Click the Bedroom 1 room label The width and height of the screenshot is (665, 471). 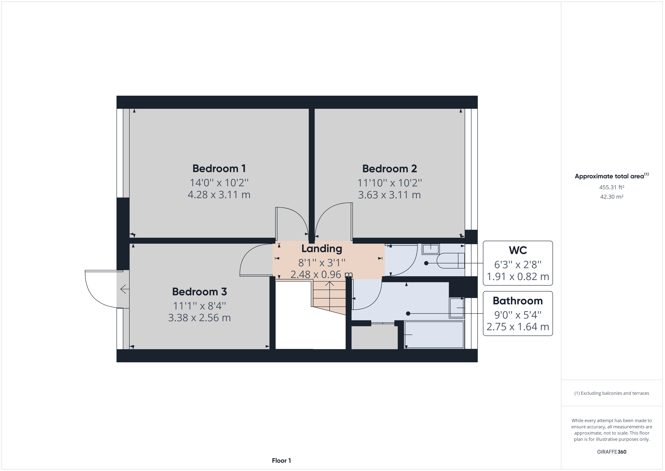[x=219, y=169]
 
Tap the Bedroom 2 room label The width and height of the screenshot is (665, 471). [x=390, y=169]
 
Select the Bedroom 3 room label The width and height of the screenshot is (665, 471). [x=200, y=292]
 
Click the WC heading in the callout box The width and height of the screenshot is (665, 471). [x=518, y=250]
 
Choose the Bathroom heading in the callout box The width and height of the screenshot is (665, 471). [x=518, y=301]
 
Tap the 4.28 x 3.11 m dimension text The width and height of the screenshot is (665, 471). [x=219, y=195]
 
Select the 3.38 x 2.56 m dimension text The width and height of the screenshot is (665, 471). [x=200, y=318]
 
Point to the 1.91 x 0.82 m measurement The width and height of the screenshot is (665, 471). [x=518, y=277]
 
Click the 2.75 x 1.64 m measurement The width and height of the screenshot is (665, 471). [x=518, y=327]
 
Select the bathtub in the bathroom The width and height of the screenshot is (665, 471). [x=434, y=334]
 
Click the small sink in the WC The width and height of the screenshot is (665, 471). [x=431, y=249]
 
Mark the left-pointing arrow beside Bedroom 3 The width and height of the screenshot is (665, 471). [x=125, y=289]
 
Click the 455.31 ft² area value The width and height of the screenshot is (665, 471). [x=612, y=187]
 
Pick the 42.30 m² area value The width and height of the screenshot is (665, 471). [x=612, y=197]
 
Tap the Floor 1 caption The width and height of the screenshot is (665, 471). [x=281, y=461]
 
